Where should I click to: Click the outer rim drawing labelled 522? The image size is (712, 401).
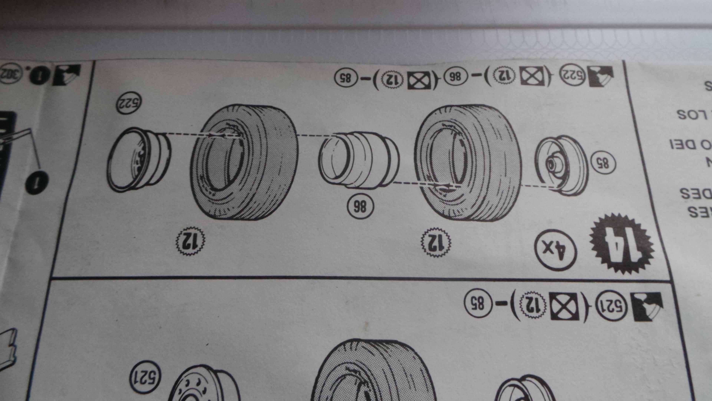point(138,160)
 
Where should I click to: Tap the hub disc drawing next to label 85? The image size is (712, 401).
point(561,165)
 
